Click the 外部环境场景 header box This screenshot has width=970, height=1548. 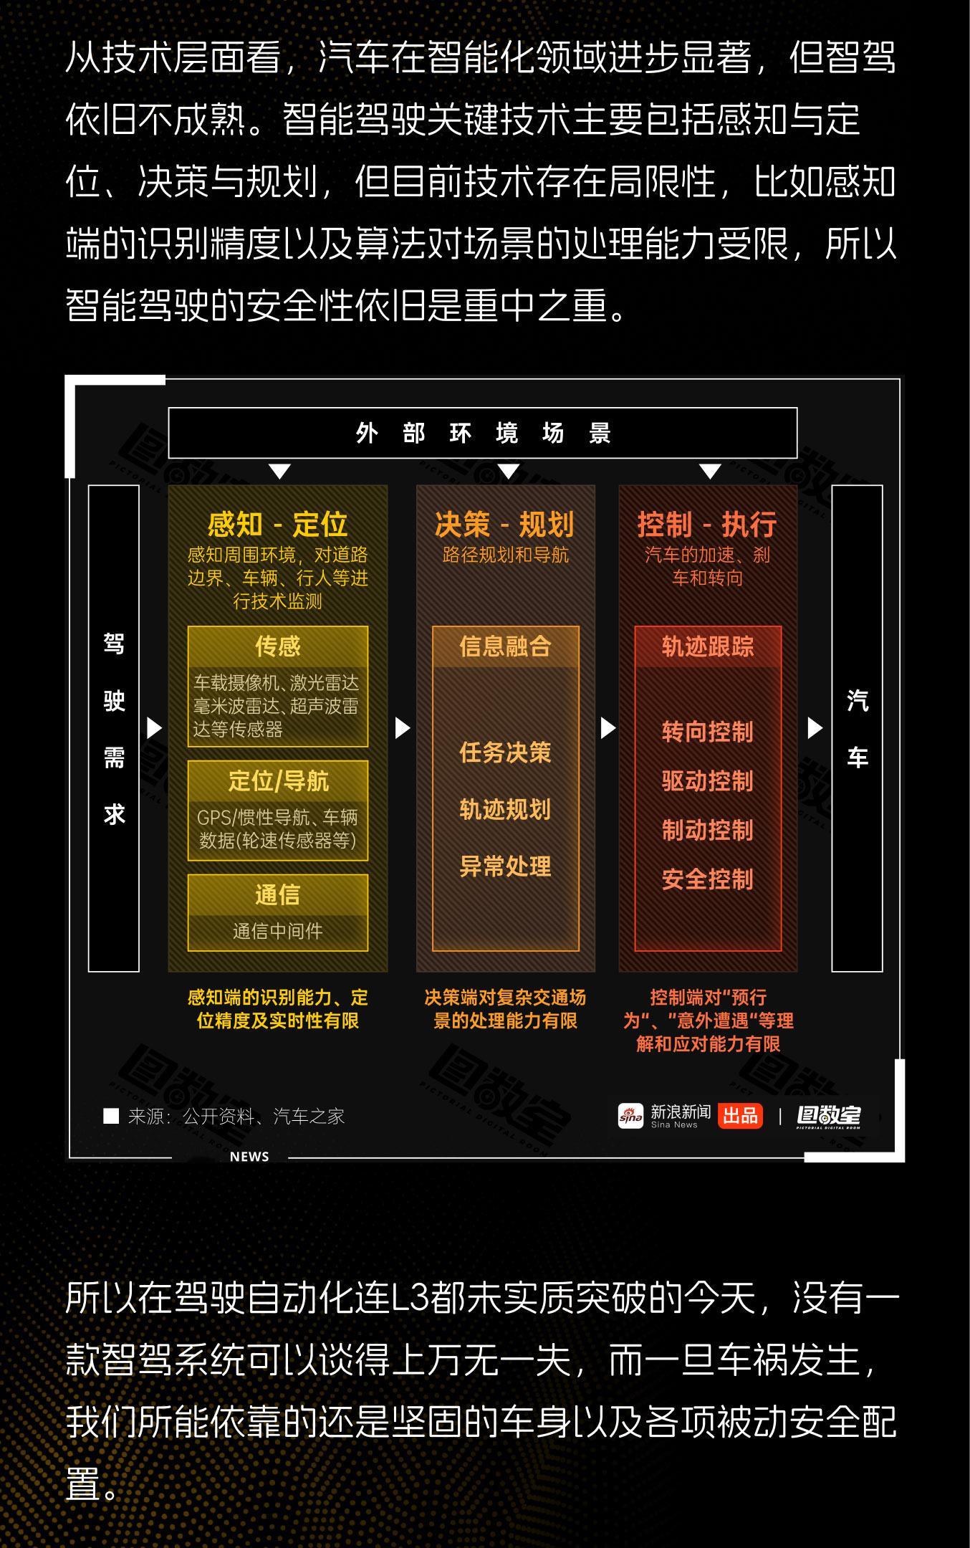pos(482,433)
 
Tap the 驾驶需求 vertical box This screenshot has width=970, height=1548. pos(113,728)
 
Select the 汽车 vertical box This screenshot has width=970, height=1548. pos(857,728)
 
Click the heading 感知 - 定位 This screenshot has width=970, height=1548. pos(277,525)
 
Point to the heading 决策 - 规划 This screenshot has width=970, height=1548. pos(505,525)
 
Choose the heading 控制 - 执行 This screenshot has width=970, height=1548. pos(707,525)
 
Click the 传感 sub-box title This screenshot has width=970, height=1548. pos(277,646)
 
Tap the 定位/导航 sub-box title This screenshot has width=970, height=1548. pos(277,780)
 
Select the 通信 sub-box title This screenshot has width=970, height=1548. pos(277,894)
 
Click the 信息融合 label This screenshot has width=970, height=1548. pos(505,646)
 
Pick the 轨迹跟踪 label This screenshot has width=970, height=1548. pos(707,646)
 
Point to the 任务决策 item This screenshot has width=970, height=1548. pos(505,752)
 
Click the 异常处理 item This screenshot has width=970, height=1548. pos(505,866)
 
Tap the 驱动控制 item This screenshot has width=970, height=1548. pos(707,780)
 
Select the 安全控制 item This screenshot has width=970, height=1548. pos(707,879)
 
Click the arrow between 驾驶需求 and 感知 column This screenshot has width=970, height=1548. pos(154,728)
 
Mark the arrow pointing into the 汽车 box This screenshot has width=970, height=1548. pos(815,728)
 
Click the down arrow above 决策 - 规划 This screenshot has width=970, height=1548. pos(508,472)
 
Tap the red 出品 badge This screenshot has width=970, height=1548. pos(740,1115)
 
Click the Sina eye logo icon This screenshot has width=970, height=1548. pos(630,1116)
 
